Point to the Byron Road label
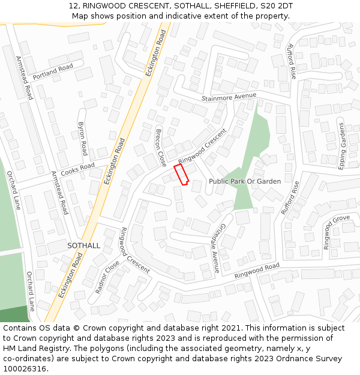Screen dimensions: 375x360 pyautogui.click(x=83, y=139)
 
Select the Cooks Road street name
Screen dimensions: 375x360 pyautogui.click(x=78, y=167)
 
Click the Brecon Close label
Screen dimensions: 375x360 pyautogui.click(x=161, y=147)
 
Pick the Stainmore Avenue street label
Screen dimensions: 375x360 pyautogui.click(x=229, y=97)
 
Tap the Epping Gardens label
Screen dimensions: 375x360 pyautogui.click(x=341, y=146)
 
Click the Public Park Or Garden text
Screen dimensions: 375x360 pyautogui.click(x=244, y=181)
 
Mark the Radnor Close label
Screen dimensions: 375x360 pyautogui.click(x=107, y=274)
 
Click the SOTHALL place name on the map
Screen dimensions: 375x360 pyautogui.click(x=83, y=246)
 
